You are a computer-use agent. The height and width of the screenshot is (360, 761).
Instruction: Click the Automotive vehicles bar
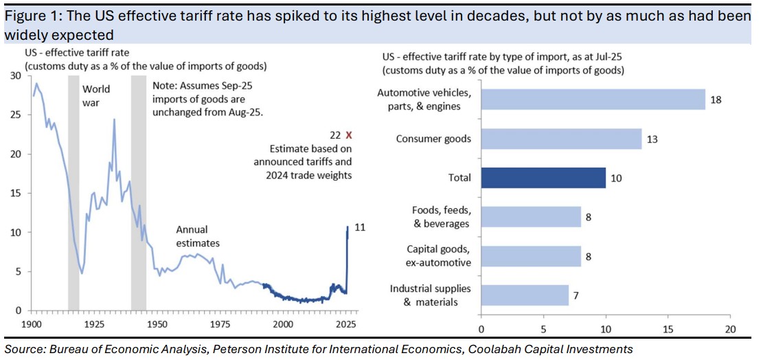coord(593,99)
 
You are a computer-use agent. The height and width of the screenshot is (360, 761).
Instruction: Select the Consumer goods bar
coord(561,139)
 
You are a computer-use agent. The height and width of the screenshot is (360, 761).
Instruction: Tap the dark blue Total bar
coord(543,177)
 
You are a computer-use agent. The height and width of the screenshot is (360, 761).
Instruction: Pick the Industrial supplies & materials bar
coord(524,295)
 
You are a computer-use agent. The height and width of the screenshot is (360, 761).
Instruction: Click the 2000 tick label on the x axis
coord(283,324)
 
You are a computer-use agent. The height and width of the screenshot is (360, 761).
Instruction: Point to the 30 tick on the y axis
coord(16,76)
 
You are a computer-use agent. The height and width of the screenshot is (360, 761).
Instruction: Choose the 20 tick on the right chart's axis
coord(730,328)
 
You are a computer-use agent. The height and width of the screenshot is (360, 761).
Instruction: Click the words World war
coord(96,95)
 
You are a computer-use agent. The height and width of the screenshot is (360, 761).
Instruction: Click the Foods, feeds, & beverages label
coord(440,217)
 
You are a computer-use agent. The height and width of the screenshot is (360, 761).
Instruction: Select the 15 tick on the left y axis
coord(16,193)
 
